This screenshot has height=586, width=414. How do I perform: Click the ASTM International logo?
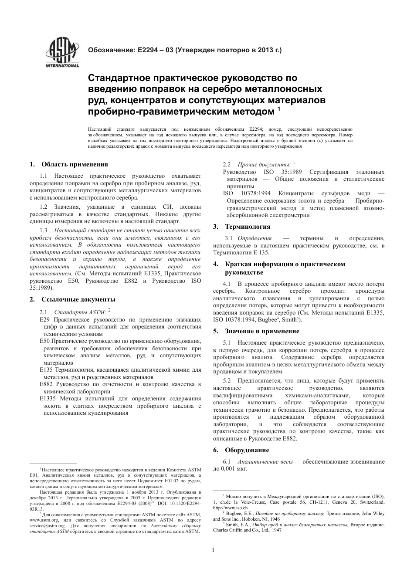pos(62,53)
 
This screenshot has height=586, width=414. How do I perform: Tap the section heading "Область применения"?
pos(75,164)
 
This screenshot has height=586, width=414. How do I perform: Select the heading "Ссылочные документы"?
pos(78,299)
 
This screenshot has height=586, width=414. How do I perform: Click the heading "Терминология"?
pos(248,227)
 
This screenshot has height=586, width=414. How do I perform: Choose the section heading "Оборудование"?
pos(247,450)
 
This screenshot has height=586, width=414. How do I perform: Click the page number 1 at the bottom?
pos(213,550)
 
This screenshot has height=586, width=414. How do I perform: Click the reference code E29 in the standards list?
pos(44,319)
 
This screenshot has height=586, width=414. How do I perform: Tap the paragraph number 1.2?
pos(43,207)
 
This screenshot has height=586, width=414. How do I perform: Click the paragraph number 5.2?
pos(227,381)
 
